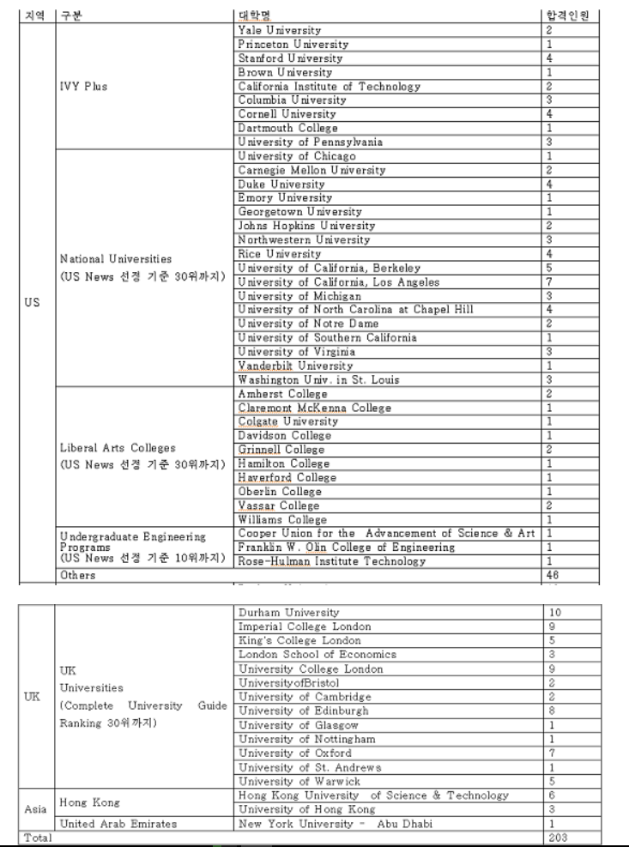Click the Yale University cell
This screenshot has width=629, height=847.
280,31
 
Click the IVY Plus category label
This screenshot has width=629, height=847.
83,86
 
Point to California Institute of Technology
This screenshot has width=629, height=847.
330,87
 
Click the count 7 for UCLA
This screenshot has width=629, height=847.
549,282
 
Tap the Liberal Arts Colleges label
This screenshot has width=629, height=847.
118,448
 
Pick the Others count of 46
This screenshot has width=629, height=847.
553,576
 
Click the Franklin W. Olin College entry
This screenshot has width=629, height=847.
347,548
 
